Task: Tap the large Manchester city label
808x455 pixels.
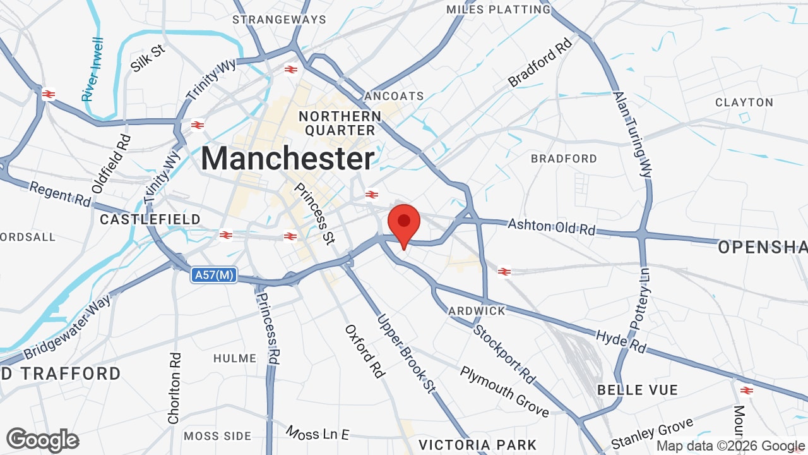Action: tap(288, 158)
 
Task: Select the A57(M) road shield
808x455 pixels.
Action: tap(215, 275)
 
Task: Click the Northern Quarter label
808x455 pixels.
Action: tap(340, 123)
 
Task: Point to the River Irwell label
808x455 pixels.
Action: tap(93, 70)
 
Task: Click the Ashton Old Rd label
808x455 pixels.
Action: tap(551, 226)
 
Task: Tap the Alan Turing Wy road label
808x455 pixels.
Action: tap(632, 134)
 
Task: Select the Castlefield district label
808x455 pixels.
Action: tap(150, 219)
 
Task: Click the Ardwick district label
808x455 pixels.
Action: tap(477, 311)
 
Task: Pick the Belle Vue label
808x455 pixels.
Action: tap(637, 390)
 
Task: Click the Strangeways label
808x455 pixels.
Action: tap(279, 20)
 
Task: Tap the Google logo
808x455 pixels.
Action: tap(42, 440)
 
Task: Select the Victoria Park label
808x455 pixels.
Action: tap(477, 445)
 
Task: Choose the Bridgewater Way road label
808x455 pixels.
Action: tap(68, 327)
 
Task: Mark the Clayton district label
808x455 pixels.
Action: tap(744, 102)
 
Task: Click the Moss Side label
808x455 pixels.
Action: tap(218, 436)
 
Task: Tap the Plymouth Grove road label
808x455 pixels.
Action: tap(504, 391)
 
